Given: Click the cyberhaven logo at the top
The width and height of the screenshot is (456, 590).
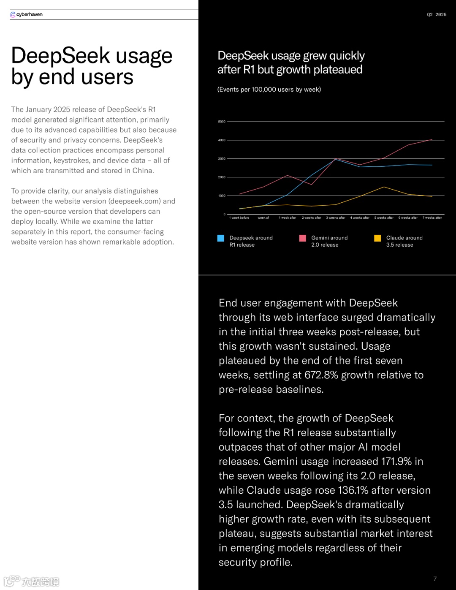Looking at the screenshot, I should (x=26, y=14).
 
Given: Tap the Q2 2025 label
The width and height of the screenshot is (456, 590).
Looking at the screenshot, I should (x=437, y=14).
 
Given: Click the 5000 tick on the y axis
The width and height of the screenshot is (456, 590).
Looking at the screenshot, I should (x=222, y=122).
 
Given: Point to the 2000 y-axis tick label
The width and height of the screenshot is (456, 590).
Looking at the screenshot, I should (x=222, y=177).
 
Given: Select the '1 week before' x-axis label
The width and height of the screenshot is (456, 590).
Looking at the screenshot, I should (x=239, y=218).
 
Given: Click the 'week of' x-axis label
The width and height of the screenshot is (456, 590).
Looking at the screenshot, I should (x=263, y=218).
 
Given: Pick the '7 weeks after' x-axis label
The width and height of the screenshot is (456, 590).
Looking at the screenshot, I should (x=432, y=218).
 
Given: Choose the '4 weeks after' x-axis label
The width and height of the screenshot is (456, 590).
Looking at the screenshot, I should (x=360, y=218).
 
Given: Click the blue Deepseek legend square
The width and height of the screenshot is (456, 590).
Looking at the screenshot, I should (x=221, y=238).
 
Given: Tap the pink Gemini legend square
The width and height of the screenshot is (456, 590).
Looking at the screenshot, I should (x=302, y=238).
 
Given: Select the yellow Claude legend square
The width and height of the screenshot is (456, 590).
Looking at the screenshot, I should (x=377, y=238).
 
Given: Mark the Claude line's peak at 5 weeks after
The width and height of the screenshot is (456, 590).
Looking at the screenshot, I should (x=384, y=187).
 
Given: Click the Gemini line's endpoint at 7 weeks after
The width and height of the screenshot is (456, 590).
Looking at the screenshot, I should (x=432, y=139).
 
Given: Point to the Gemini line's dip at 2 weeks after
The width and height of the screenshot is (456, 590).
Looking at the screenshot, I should (x=312, y=185).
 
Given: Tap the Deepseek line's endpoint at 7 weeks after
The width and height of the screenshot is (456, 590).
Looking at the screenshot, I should (x=432, y=165).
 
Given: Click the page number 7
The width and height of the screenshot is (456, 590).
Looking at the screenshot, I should (x=435, y=579).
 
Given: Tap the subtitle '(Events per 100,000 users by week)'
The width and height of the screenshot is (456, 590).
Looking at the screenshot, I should (x=269, y=90).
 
